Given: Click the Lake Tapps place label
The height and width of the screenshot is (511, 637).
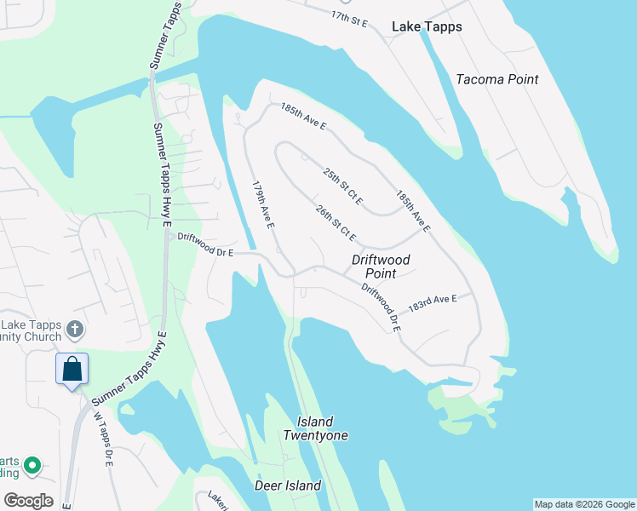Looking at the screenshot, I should (427, 26).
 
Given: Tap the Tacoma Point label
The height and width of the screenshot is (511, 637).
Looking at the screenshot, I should (497, 79).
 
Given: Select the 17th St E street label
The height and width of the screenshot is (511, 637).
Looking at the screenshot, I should (349, 18).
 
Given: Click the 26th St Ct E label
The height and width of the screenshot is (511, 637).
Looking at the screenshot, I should (335, 223).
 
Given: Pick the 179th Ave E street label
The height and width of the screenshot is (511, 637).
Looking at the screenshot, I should (262, 204).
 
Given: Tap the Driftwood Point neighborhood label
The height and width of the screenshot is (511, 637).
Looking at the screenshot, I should (381, 267).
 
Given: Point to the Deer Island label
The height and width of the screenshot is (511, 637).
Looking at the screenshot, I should (288, 485).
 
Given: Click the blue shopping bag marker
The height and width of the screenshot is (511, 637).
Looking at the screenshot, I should (72, 370).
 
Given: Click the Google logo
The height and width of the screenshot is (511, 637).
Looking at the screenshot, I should (28, 500).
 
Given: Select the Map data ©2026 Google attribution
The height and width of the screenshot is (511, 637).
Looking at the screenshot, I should (584, 504).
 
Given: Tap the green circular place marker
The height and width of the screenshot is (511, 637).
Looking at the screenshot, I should (32, 465).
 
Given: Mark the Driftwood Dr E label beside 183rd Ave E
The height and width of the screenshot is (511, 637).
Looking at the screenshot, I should (380, 307).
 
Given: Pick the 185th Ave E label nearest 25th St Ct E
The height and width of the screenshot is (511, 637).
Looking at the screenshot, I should (412, 210).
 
